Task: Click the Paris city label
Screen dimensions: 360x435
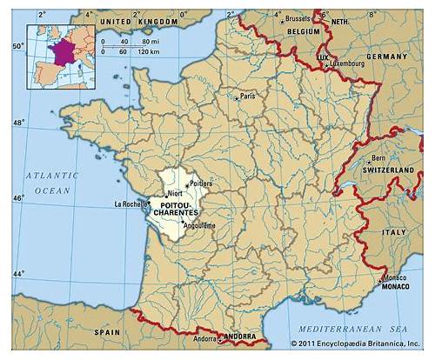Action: (x=248, y=96)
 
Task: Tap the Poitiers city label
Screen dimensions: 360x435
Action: (x=200, y=183)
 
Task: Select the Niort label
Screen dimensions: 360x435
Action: (x=174, y=193)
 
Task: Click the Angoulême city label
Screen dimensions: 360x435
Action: (x=197, y=226)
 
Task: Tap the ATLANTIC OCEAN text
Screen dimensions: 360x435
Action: (x=51, y=182)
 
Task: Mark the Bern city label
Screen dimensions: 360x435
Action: (x=378, y=158)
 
